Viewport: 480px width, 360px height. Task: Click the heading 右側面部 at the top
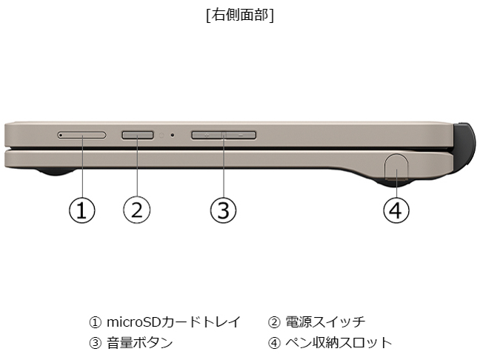tap(240, 15)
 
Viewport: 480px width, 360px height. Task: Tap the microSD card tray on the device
tap(81, 135)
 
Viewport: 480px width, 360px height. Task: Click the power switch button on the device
tap(138, 135)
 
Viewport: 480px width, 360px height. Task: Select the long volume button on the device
tap(224, 135)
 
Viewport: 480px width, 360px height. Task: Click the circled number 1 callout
tap(81, 210)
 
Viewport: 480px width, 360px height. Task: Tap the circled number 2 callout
tap(137, 210)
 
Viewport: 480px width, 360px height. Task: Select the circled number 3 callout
tap(224, 210)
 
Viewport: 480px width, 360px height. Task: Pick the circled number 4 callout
tap(396, 210)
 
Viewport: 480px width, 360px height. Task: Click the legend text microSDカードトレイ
tap(173, 322)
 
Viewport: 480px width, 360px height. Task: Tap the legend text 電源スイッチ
tap(325, 322)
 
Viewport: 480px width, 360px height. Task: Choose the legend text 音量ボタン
tap(139, 343)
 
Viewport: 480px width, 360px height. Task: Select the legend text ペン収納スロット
tap(339, 343)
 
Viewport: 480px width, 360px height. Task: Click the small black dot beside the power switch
tap(173, 135)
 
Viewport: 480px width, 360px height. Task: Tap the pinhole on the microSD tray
tap(61, 135)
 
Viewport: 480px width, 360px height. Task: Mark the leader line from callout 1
tap(82, 167)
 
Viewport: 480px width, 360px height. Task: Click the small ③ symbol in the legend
tap(96, 343)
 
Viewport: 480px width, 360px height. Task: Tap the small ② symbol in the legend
tap(274, 322)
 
